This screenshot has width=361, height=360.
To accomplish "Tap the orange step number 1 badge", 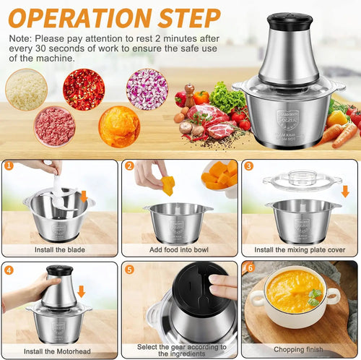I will pyautogui.click(x=9, y=166).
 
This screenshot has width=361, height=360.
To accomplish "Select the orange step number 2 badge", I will pyautogui.click(x=129, y=166).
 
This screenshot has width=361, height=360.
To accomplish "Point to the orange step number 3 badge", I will pyautogui.click(x=249, y=166).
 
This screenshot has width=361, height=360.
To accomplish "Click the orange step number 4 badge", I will pyautogui.click(x=9, y=270).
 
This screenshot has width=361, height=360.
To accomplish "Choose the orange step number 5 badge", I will pyautogui.click(x=129, y=270).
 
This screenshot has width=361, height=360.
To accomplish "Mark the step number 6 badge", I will pyautogui.click(x=249, y=268).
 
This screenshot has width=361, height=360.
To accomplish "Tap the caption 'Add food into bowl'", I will pyautogui.click(x=179, y=249).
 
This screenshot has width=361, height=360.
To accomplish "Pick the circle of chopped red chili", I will pyautogui.click(x=83, y=89).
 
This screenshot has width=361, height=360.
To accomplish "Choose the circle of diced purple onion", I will pyautogui.click(x=147, y=89).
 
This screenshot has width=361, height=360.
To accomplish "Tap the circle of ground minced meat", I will pyautogui.click(x=55, y=127).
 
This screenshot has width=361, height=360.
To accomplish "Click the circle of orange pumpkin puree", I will pyautogui.click(x=119, y=127).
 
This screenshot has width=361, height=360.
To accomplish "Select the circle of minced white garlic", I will pyautogui.click(x=26, y=89).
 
